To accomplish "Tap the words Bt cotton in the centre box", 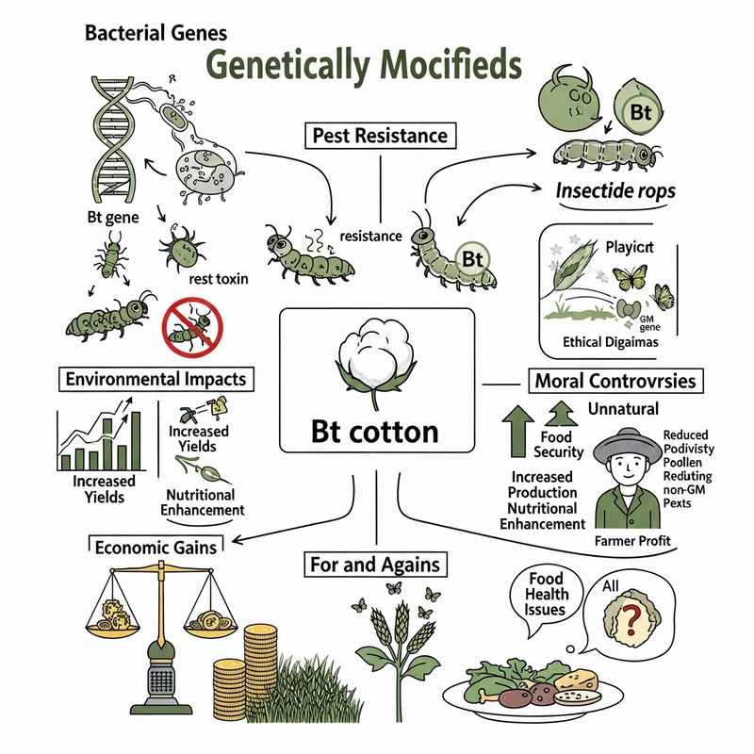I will coord(374,431).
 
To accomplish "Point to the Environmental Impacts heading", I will coord(156,380).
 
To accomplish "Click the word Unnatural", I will coord(623,409).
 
